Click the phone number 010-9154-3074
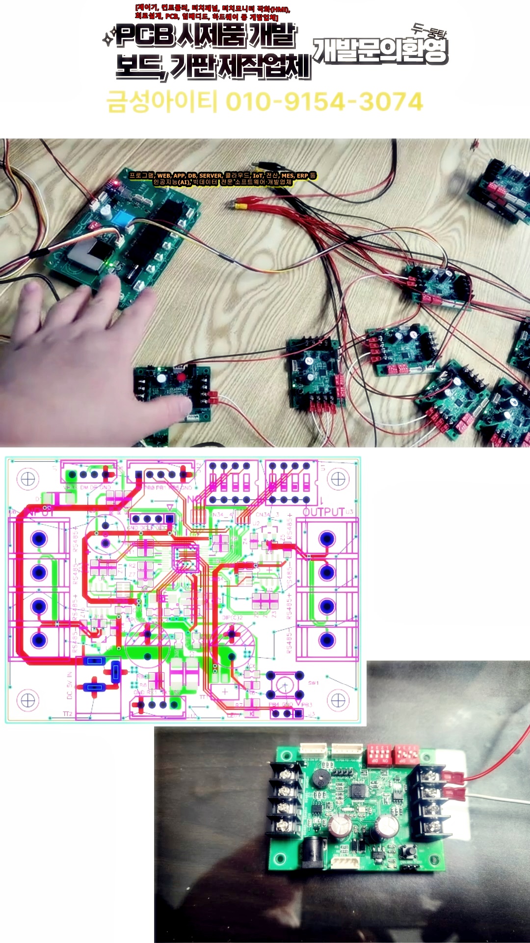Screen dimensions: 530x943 [324, 102]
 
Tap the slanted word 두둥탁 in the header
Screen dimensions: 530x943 [429, 31]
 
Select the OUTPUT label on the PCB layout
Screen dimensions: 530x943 [324, 512]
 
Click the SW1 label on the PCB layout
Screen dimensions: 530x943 [313, 683]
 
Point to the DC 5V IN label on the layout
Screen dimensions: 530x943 [69, 685]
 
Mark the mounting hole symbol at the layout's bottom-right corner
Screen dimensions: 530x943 [338, 700]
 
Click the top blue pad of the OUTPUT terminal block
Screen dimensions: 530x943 [327, 539]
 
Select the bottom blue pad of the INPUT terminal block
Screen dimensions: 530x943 [39, 640]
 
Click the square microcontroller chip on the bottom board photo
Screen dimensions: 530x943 [358, 789]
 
